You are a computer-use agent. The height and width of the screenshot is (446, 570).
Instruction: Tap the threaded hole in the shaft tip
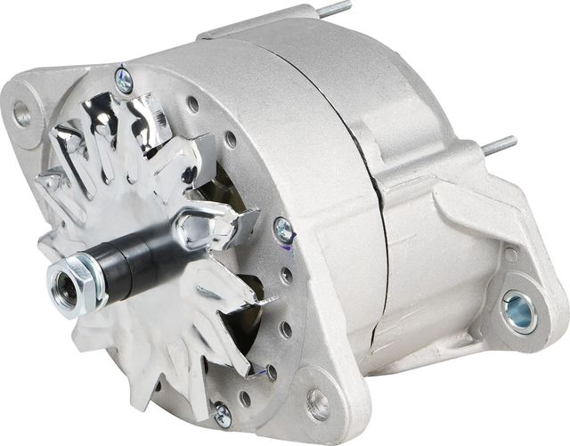(64, 288)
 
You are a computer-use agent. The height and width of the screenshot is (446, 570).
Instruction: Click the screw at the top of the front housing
(124, 81)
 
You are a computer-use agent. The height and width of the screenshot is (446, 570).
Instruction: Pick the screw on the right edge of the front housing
(284, 230)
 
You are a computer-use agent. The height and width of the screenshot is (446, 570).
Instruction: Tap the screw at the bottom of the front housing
(222, 414)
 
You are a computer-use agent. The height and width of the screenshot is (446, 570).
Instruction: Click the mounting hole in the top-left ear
(20, 112)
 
